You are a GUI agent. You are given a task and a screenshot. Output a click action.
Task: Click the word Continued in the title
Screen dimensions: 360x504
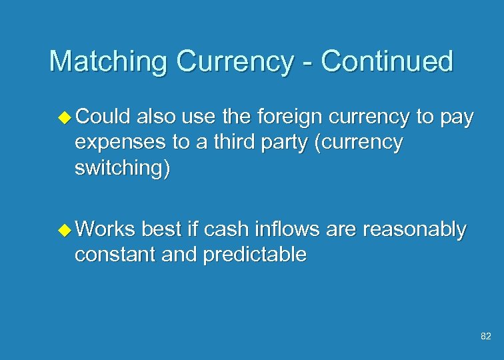386,61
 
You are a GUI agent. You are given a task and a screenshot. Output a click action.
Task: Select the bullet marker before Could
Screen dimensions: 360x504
65,119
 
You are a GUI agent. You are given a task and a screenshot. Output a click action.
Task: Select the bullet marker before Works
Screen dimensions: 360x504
65,230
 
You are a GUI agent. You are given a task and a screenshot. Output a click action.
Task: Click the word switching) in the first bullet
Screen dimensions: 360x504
123,167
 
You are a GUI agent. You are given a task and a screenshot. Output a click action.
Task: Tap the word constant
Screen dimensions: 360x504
115,254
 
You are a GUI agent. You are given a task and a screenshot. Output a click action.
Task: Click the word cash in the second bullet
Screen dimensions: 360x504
223,229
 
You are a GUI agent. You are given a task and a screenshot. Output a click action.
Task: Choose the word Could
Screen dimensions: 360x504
104,118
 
